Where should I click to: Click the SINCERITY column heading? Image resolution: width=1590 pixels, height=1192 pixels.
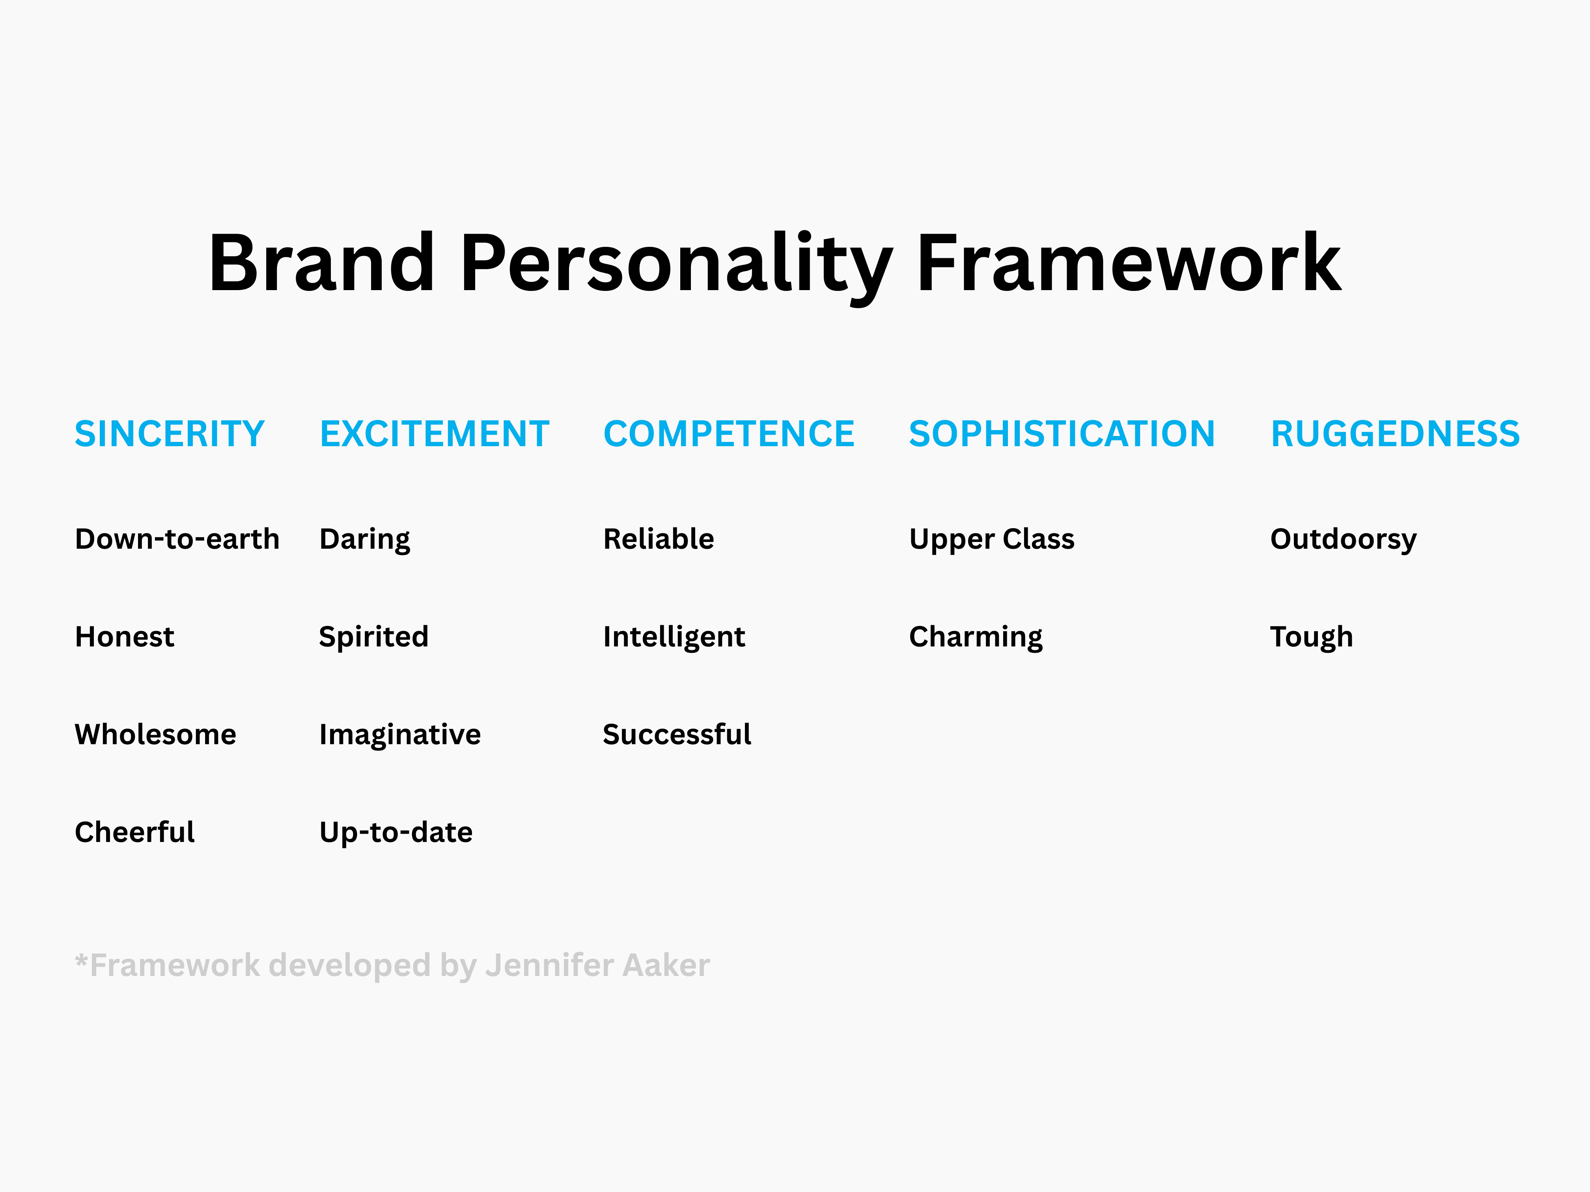tap(170, 434)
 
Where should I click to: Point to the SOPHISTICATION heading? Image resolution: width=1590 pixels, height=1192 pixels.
tap(1062, 434)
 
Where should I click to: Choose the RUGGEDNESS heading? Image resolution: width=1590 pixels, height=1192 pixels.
tap(1395, 434)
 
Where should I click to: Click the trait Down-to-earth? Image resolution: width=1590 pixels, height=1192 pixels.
tap(177, 539)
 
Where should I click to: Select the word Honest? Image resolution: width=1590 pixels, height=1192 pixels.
tap(124, 637)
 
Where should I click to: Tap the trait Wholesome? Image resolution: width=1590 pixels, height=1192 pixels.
tap(155, 734)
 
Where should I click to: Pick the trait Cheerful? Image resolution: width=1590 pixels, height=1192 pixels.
tap(134, 832)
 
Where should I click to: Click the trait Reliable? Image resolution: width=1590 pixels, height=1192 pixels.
tap(659, 539)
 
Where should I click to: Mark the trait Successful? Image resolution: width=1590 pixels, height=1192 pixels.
tap(676, 734)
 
